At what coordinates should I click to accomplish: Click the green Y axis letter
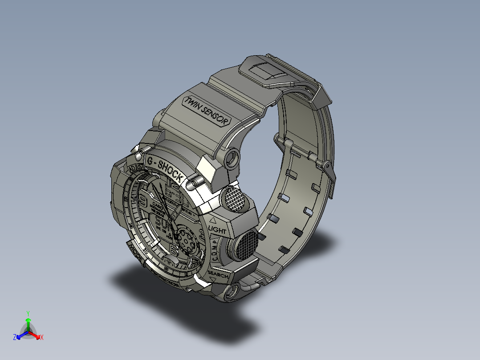pyautogui.click(x=28, y=313)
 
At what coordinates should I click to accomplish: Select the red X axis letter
pyautogui.click(x=41, y=337)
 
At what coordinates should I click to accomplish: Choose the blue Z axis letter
pyautogui.click(x=15, y=337)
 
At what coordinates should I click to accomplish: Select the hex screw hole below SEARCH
pyautogui.click(x=232, y=292)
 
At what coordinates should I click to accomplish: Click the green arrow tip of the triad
pyautogui.click(x=28, y=320)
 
